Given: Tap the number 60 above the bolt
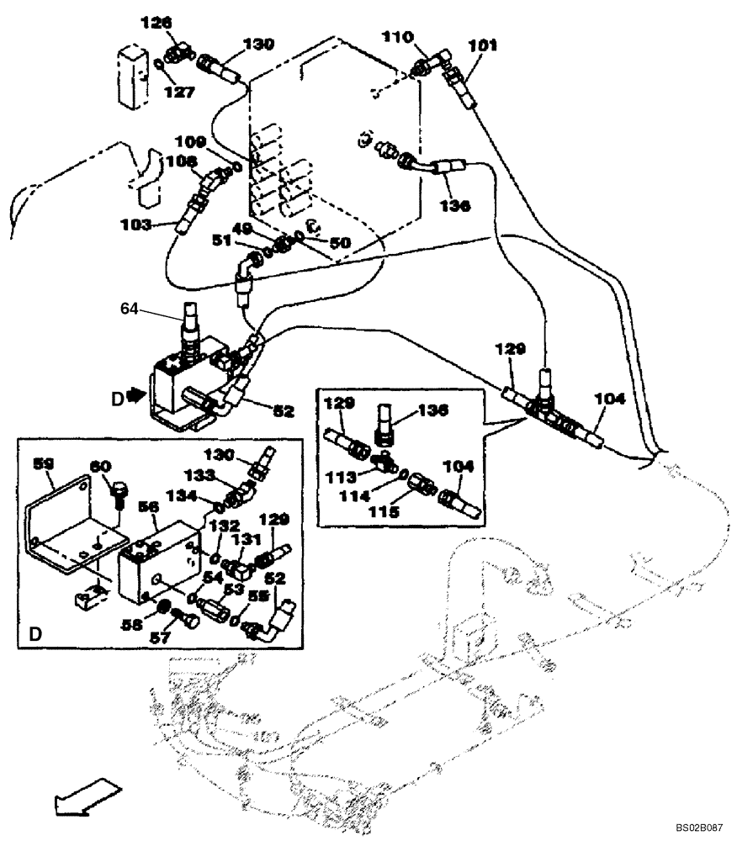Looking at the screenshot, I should [x=101, y=465].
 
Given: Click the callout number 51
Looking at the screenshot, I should [x=220, y=241].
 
